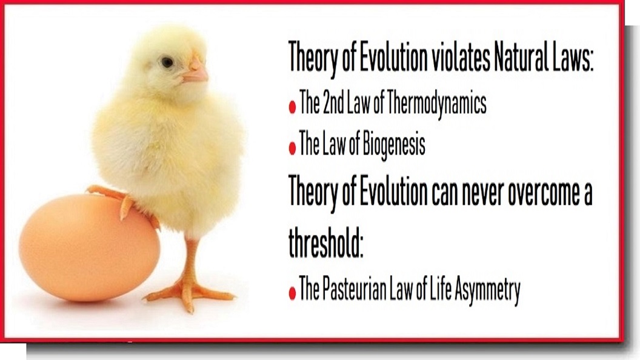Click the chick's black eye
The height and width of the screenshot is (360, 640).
point(167,62)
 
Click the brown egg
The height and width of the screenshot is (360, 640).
point(89,247)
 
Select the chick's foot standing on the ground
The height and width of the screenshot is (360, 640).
point(189,292)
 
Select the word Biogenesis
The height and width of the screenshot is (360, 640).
point(393,144)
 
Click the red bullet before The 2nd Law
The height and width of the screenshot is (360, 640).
point(292,107)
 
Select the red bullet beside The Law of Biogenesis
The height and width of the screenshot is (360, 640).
point(292,148)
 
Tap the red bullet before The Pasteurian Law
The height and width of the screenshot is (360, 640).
point(292,293)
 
